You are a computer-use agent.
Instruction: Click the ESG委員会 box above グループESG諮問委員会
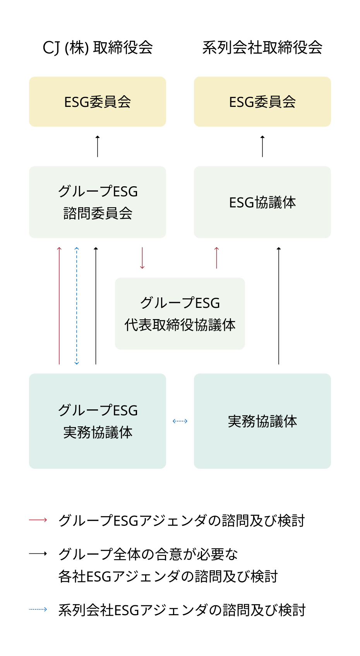pyautogui.click(x=98, y=101)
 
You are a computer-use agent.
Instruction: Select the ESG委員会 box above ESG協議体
pyautogui.click(x=262, y=101)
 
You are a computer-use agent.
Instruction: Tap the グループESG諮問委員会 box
pyautogui.click(x=98, y=202)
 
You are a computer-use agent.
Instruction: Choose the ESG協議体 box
pyautogui.click(x=262, y=202)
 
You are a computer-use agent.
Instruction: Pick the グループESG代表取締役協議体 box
pyautogui.click(x=180, y=314)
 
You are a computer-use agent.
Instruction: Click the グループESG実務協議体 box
pyautogui.click(x=98, y=421)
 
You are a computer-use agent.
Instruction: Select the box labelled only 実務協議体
pyautogui.click(x=262, y=421)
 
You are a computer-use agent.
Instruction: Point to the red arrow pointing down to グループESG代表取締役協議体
pyautogui.click(x=142, y=258)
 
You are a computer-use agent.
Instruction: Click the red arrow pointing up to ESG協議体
pyautogui.click(x=216, y=258)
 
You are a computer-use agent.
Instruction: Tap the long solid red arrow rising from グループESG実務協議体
pyautogui.click(x=59, y=306)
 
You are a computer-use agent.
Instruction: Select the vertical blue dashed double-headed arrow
pyautogui.click(x=77, y=306)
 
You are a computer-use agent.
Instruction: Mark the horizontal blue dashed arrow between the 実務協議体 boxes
pyautogui.click(x=180, y=421)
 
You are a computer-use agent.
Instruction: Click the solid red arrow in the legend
pyautogui.click(x=38, y=520)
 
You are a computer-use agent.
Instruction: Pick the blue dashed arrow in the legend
pyautogui.click(x=38, y=609)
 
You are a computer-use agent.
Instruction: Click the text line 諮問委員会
pyautogui.click(x=98, y=213)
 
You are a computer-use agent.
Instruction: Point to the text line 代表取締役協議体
pyautogui.click(x=180, y=325)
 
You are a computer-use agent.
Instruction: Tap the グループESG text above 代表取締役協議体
pyautogui.click(x=180, y=303)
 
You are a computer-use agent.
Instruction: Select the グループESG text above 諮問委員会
pyautogui.click(x=98, y=191)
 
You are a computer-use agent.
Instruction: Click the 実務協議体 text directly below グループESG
pyautogui.click(x=98, y=432)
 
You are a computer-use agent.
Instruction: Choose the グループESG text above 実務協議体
pyautogui.click(x=98, y=410)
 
